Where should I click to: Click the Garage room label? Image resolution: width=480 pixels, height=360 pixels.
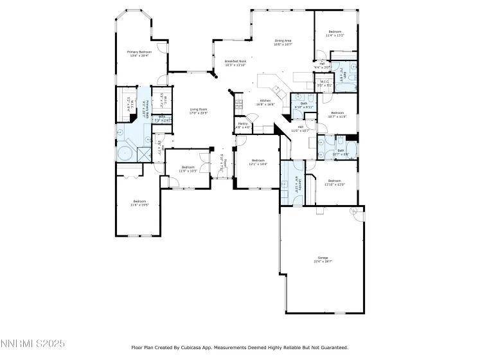[322, 259]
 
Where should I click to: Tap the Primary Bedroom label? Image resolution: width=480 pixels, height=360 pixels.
[138, 53]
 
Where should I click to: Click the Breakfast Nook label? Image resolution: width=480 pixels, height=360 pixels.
[235, 63]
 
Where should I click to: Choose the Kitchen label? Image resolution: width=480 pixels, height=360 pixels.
[267, 102]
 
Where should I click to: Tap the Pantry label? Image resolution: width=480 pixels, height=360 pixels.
[243, 125]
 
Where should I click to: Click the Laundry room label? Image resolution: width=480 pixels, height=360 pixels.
[296, 183]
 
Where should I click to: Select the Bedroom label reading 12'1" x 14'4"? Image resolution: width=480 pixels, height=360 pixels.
[258, 162]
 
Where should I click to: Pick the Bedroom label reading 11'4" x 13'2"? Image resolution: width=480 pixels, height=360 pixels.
[335, 33]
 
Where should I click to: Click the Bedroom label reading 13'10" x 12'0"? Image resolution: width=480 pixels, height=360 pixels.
[336, 183]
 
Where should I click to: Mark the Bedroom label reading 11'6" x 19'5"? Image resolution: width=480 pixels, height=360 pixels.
[139, 203]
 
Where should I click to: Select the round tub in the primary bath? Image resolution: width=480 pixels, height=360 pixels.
[123, 154]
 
